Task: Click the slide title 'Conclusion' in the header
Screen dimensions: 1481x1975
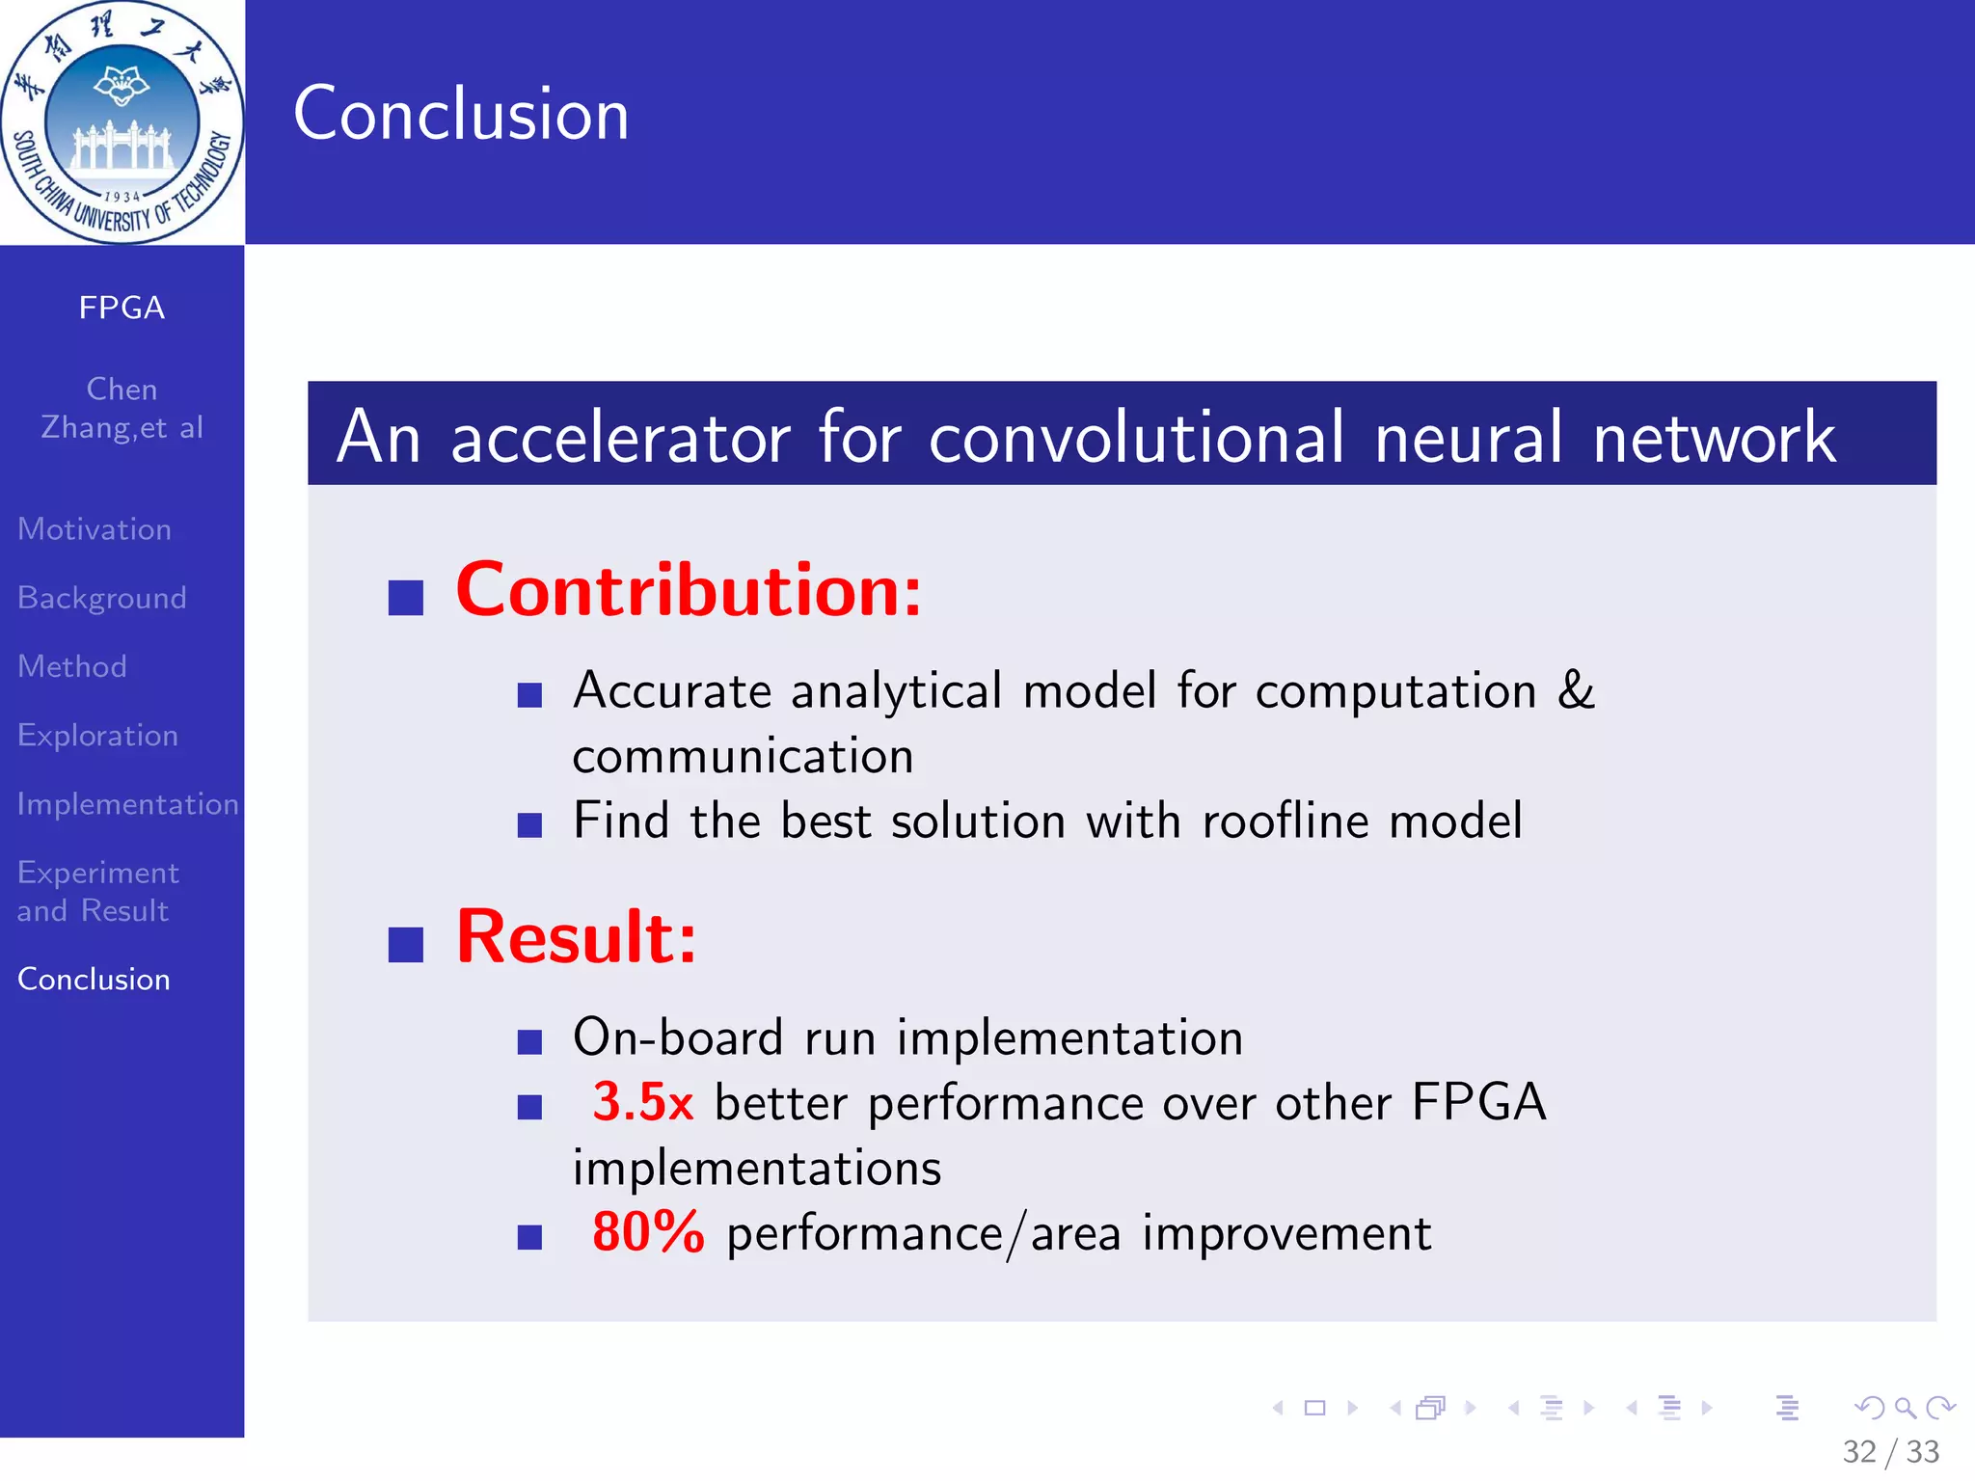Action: pos(461,114)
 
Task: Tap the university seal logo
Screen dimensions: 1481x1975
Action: pos(122,122)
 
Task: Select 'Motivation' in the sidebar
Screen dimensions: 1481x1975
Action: pos(95,529)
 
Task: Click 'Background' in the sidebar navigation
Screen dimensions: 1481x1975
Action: pos(102,598)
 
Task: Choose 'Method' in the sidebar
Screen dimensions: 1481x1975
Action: pos(72,666)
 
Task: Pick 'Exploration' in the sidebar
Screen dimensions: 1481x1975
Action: pos(98,736)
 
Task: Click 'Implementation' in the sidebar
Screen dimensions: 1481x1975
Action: pos(127,804)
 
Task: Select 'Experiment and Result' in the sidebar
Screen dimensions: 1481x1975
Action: pos(97,891)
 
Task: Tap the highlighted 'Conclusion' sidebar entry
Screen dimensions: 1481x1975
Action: pos(94,980)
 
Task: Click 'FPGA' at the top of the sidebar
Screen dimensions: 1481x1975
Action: pos(122,308)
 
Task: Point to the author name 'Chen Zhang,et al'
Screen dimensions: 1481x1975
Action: pos(122,408)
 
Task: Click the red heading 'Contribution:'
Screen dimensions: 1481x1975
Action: pos(689,590)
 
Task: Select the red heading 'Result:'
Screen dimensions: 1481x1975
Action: pos(576,937)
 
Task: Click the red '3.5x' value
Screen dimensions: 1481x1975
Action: pos(642,1102)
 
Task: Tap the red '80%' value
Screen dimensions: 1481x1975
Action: pos(648,1232)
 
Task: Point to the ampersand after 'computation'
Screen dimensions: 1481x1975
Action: pos(1576,690)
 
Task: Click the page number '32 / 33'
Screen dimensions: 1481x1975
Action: pos(1890,1451)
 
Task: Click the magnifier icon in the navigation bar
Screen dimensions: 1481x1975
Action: pos(1905,1408)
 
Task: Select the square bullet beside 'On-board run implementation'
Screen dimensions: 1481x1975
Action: pos(529,1041)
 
